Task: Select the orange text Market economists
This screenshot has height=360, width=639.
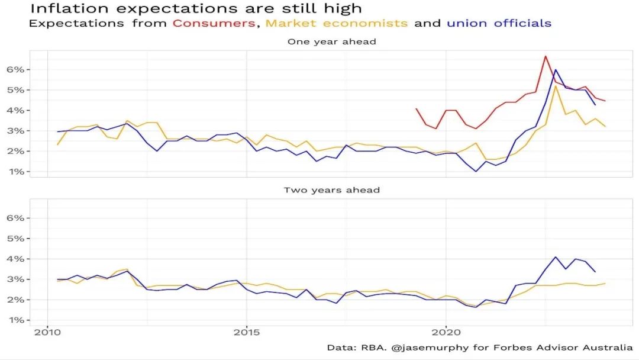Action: pos(337,24)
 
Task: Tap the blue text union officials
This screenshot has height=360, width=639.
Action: pos(499,24)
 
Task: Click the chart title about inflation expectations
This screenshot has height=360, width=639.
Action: pos(195,8)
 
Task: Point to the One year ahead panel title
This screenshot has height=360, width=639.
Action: pos(332,41)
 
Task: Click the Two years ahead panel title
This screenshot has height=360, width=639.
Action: pos(332,190)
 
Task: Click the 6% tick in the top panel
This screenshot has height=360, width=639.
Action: pos(16,69)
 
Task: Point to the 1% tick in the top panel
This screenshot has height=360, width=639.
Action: pos(16,172)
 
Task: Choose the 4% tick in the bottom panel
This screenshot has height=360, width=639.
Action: pos(16,259)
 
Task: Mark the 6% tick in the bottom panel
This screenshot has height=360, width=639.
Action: pos(16,218)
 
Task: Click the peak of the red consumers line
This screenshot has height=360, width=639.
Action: pos(545,56)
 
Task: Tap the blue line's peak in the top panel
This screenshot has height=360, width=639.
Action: pos(555,70)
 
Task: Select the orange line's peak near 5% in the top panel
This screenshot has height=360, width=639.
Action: pos(555,86)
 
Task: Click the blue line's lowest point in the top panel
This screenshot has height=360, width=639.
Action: pos(476,172)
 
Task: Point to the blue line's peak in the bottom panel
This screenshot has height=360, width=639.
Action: pos(555,257)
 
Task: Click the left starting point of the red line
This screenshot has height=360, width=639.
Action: pos(416,108)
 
